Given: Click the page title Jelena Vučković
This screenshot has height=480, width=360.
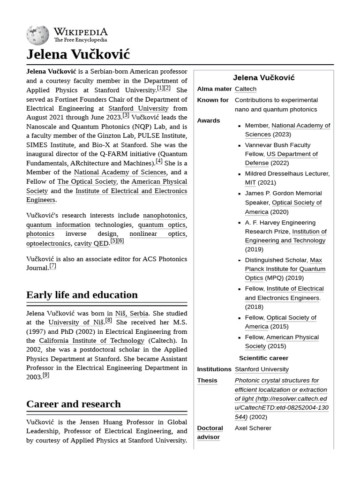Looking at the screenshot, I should (x=78, y=54).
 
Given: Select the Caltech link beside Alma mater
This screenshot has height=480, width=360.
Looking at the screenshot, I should (x=245, y=89).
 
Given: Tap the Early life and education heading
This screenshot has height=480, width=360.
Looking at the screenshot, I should (x=82, y=295).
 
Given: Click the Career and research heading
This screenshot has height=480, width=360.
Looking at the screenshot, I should (x=73, y=404).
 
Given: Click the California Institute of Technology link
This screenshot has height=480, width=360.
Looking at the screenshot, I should (x=92, y=341).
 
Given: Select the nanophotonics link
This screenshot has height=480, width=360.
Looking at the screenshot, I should (x=164, y=216).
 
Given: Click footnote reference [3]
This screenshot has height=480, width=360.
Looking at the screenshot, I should (x=126, y=115).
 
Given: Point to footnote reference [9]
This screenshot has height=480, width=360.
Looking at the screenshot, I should (x=45, y=375).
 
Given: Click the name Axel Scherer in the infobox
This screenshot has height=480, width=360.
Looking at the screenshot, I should (x=253, y=428).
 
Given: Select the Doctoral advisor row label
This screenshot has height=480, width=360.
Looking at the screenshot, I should (x=210, y=432).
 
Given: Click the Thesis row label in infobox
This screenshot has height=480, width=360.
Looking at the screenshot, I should (x=207, y=380).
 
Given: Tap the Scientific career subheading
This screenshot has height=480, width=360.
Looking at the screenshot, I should (x=263, y=358).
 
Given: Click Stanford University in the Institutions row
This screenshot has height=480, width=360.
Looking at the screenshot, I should (x=262, y=369).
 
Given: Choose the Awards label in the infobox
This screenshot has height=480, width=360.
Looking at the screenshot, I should (x=208, y=120).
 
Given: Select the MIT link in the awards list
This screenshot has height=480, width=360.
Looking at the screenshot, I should (x=250, y=182).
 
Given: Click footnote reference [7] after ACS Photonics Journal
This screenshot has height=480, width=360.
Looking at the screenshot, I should (x=53, y=266).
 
